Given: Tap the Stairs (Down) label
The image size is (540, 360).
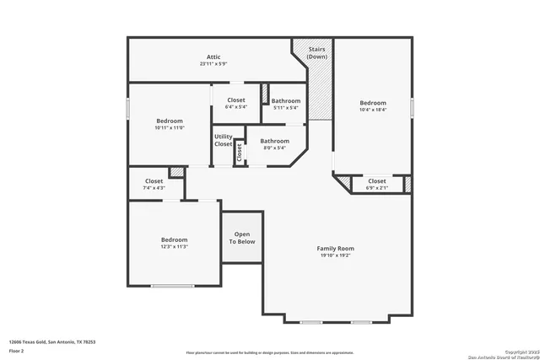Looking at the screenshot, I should click(317, 52).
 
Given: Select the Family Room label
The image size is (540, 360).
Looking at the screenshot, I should click(335, 248).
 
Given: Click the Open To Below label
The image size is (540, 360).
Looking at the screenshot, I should click(242, 238).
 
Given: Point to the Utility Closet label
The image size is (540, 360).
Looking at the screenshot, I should click(223, 140).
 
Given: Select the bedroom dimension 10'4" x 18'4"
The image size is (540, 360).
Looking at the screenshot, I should click(372, 110).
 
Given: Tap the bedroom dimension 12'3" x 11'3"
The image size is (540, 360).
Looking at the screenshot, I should click(174, 247).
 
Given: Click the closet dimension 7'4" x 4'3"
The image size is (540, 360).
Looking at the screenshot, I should click(154, 187).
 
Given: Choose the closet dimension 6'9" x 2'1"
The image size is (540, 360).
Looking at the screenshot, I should click(377, 187).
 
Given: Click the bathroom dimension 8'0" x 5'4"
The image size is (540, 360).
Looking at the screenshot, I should click(274, 148).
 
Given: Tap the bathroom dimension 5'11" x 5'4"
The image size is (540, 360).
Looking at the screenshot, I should click(286, 108).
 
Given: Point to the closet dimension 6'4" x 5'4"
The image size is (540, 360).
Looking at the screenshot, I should click(236, 107).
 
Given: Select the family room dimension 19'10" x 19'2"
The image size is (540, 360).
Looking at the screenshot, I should click(335, 255).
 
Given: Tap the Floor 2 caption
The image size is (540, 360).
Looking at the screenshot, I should click(16, 350).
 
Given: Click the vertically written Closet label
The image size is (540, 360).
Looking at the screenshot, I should click(240, 153).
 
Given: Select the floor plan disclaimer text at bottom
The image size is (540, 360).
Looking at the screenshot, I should click(269, 352).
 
